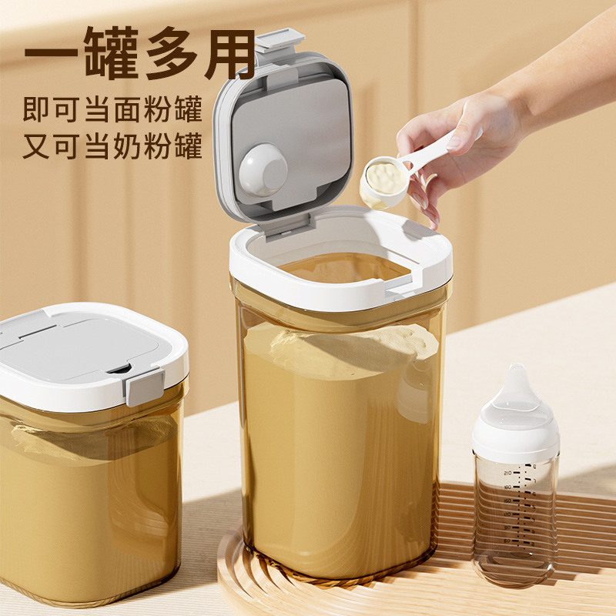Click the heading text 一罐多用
click(x=139, y=54)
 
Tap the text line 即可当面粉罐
click(x=112, y=109)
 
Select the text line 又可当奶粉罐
click(x=112, y=146)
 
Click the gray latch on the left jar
click(x=145, y=385)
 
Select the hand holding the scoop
click(x=462, y=139)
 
